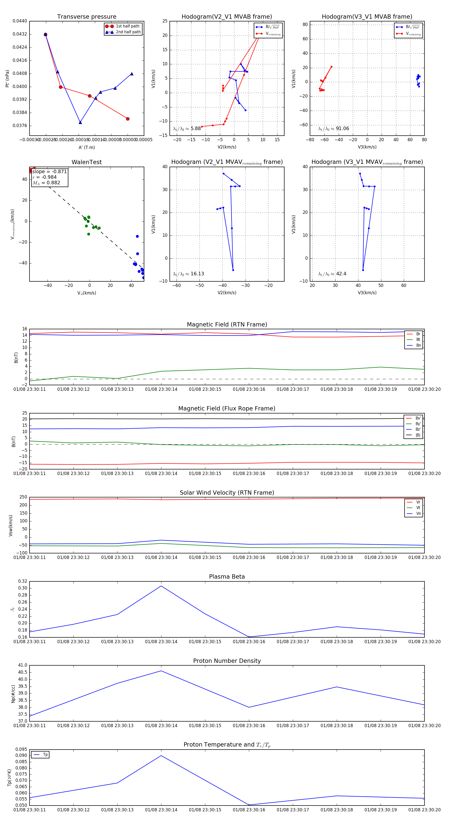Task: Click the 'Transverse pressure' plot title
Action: (x=87, y=17)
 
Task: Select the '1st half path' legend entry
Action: (x=128, y=26)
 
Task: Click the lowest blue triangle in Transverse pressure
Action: (x=80, y=123)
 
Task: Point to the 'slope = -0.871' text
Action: (x=49, y=171)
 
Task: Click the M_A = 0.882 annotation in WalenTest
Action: (x=46, y=183)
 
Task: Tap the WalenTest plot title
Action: (x=87, y=162)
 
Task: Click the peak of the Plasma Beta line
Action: (x=161, y=586)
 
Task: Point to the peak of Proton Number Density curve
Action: (x=161, y=671)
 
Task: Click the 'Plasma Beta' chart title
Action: (x=227, y=577)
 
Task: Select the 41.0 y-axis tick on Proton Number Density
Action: (x=23, y=665)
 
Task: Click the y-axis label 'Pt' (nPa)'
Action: (x=7, y=78)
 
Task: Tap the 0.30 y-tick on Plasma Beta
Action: (x=23, y=588)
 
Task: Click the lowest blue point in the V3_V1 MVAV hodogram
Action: (x=363, y=270)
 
